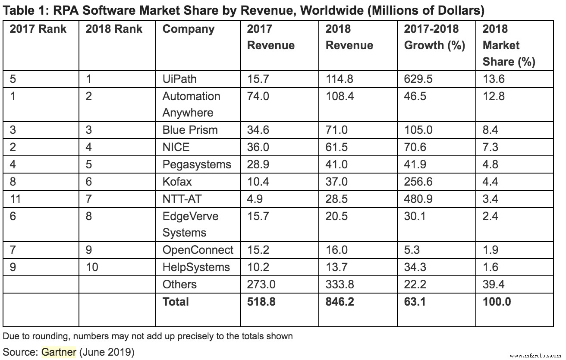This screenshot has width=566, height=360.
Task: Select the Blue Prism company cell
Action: pyautogui.click(x=190, y=130)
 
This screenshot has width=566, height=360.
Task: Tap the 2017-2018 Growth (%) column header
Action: pyautogui.click(x=434, y=38)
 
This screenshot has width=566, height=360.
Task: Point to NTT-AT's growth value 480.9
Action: pyautogui.click(x=418, y=198)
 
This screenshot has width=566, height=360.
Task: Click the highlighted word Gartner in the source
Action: pyautogui.click(x=59, y=352)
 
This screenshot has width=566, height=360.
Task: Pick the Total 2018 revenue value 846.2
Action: pyautogui.click(x=340, y=301)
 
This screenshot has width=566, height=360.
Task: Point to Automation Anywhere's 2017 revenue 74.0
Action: pyautogui.click(x=258, y=96)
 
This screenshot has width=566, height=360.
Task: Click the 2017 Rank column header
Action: pyautogui.click(x=38, y=29)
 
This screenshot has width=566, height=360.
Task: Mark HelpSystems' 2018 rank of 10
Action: pyautogui.click(x=92, y=267)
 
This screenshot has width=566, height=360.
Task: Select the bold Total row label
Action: pyautogui.click(x=176, y=301)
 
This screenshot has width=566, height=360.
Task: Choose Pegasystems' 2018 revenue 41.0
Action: pyautogui.click(x=336, y=164)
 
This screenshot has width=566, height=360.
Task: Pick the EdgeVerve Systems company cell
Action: pyautogui.click(x=190, y=224)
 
